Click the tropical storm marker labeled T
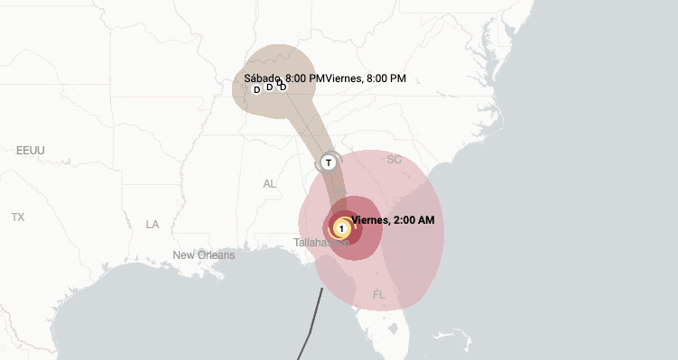(329, 162)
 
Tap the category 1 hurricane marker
(342, 229)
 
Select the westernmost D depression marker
(256, 89)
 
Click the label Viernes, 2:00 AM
(393, 220)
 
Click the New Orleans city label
(204, 255)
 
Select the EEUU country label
(31, 150)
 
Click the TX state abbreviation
(18, 217)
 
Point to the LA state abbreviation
(153, 224)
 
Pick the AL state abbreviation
(269, 183)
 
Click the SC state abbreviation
(394, 160)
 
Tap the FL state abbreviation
(378, 295)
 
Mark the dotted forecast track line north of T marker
(307, 126)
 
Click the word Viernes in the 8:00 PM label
(343, 78)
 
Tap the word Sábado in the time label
(262, 78)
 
